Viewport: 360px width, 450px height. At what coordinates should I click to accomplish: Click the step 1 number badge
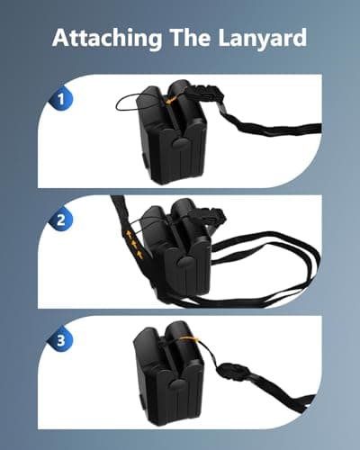tap(62, 100)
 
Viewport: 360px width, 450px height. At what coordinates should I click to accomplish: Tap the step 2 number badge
tap(62, 219)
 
